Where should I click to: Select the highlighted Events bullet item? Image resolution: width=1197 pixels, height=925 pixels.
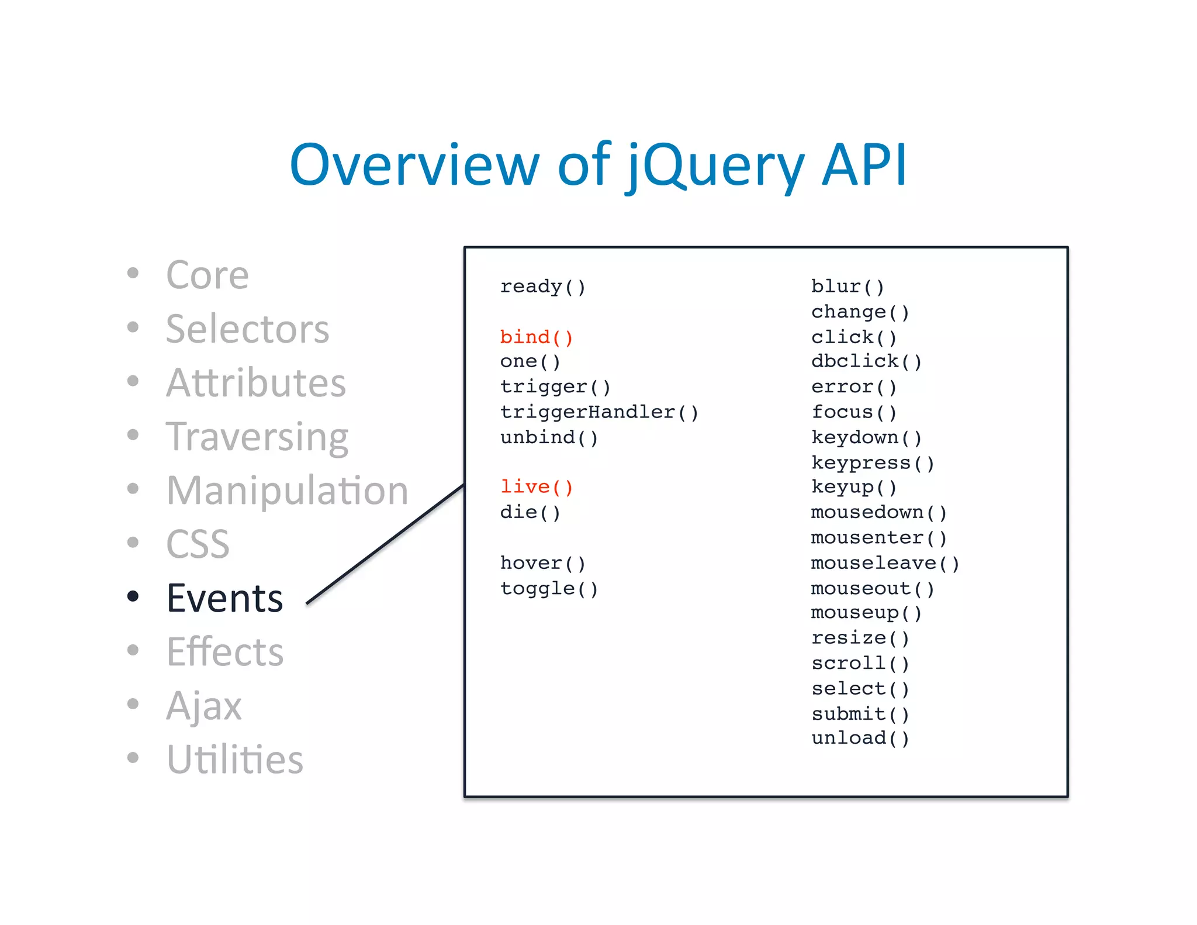point(225,598)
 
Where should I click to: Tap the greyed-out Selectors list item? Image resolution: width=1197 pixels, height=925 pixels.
point(247,329)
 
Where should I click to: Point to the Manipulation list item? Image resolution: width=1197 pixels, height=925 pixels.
point(287,491)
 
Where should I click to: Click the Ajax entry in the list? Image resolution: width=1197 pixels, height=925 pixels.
point(203,706)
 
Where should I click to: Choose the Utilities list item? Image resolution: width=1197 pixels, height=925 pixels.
point(234,760)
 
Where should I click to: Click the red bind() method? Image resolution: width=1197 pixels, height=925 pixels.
point(536,337)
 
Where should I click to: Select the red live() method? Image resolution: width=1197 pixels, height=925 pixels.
point(536,487)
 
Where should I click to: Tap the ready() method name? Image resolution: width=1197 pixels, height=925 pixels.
point(542,287)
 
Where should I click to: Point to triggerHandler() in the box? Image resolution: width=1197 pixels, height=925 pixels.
point(599,412)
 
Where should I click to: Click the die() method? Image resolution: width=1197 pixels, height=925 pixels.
point(530,512)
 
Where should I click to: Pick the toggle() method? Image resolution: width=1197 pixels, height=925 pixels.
point(549,588)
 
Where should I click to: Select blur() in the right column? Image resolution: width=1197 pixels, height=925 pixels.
point(847,287)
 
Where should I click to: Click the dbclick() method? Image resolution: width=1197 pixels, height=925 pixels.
point(866,361)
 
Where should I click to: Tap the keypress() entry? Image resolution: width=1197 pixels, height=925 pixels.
point(873,463)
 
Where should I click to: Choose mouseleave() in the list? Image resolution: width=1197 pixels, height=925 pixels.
point(885,563)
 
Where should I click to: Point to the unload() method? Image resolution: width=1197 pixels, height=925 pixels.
point(860,738)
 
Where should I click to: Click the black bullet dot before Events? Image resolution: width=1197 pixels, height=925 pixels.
point(133,596)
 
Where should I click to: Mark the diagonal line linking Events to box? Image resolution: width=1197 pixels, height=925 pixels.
point(386,544)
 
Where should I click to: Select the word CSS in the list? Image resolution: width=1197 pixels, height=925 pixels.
point(198,544)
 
